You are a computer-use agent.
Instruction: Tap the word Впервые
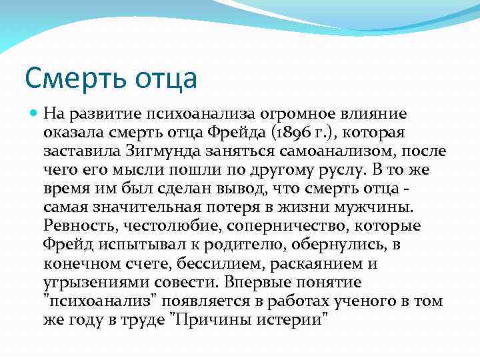pyautogui.click(x=255, y=282)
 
